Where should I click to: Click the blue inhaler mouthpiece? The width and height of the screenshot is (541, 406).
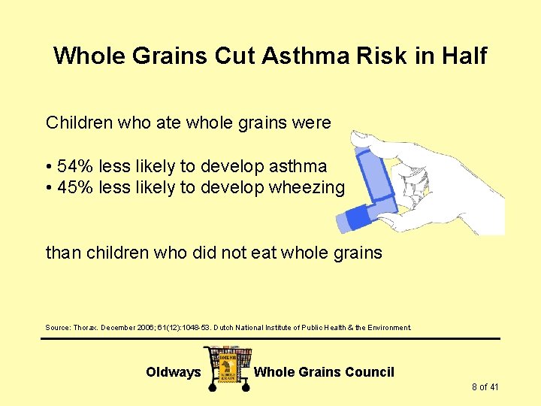pos(356,219)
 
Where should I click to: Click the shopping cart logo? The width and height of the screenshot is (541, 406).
pos(228,367)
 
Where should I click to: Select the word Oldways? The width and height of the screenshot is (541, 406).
pos(174,372)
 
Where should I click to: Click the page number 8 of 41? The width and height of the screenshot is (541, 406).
pos(485,387)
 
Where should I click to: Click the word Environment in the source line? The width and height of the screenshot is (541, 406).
pos(388,328)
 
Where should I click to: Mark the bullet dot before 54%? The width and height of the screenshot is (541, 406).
pos(49,167)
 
